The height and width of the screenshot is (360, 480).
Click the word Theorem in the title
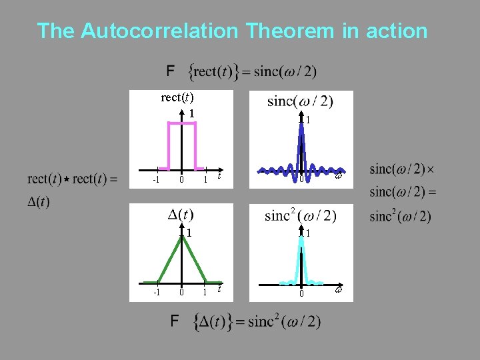[285, 31]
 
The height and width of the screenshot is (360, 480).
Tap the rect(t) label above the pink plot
[177, 98]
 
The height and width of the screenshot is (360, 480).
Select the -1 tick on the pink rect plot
[155, 181]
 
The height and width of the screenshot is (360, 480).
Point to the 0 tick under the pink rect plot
[181, 181]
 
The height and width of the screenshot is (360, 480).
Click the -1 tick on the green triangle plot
[155, 292]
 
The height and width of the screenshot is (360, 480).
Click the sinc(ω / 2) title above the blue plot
[300, 101]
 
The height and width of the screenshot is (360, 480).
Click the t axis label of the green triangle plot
[220, 289]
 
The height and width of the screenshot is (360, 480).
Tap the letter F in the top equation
[171, 71]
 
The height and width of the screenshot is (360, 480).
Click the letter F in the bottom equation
[174, 321]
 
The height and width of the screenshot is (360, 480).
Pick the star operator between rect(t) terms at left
[67, 179]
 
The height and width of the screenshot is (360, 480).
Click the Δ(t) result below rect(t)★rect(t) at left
[38, 201]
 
